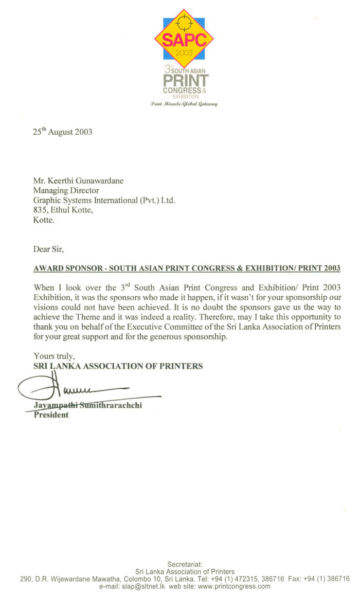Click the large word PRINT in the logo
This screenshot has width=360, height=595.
pos(186,81)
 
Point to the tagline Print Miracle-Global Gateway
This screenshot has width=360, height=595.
pos(184,104)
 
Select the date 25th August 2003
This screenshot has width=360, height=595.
pos(63,132)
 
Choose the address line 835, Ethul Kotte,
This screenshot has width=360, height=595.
pos(62,210)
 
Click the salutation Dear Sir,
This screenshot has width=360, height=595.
pos(49,249)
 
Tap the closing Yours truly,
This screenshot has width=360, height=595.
pos(54,355)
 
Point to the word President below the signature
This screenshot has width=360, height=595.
pos(51,414)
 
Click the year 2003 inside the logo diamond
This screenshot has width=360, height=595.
pos(184,53)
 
